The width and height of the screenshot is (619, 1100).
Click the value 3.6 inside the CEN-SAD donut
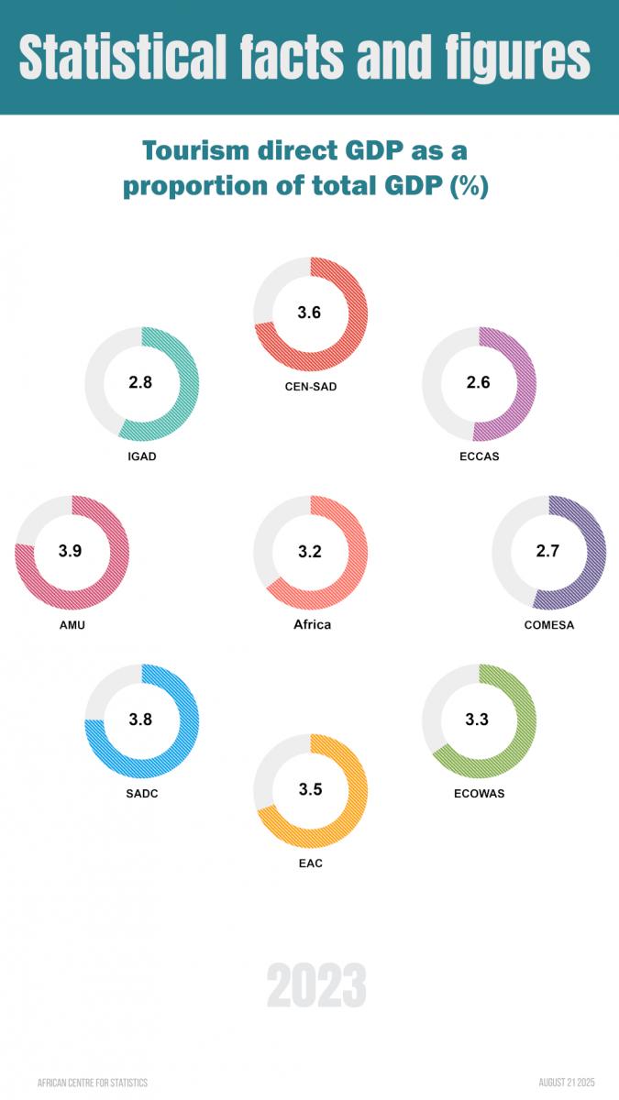[310, 313]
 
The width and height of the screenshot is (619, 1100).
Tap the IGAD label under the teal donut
[142, 456]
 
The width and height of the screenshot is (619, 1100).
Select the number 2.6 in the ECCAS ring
[479, 382]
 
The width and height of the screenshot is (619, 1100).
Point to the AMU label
[72, 625]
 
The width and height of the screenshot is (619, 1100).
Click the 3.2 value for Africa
[310, 551]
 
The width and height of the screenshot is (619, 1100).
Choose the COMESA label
[549, 625]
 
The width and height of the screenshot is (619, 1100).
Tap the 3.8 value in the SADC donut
[140, 720]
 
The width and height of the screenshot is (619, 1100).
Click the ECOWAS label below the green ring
[479, 793]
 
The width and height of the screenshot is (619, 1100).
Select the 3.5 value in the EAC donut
[310, 789]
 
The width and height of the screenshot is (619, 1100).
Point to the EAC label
[310, 863]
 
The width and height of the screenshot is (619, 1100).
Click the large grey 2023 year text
[316, 986]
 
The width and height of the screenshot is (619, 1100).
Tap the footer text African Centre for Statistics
[93, 1083]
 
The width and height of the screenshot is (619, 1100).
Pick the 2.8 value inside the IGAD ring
[140, 382]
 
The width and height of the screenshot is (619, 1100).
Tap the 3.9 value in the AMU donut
[71, 551]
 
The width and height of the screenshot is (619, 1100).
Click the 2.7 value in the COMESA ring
[548, 551]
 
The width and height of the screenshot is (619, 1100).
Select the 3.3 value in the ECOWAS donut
[477, 720]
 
